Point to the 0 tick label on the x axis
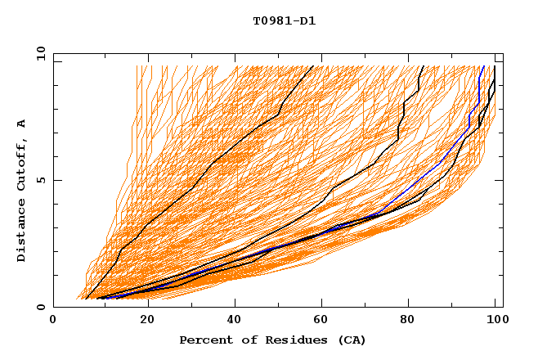pos(54,321)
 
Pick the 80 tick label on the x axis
pos(408,321)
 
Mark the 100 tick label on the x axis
pos(495,321)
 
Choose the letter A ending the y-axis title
pos(22,124)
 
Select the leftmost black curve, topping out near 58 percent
pos(196,182)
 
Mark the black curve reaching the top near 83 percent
pos(398,131)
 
